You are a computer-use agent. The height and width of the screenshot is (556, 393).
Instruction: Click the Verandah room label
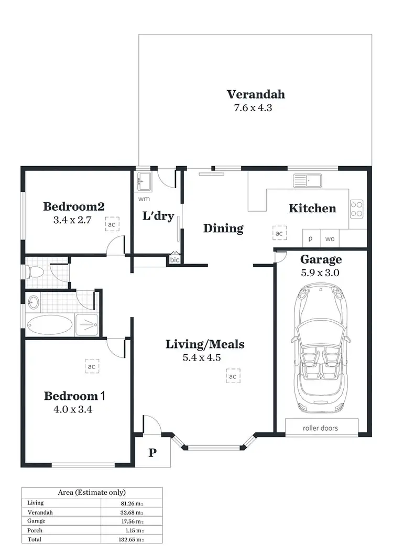tap(256, 94)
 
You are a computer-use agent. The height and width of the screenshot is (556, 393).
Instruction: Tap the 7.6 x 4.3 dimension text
tap(253, 108)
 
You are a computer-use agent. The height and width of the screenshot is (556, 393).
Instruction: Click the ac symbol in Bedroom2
tap(111, 224)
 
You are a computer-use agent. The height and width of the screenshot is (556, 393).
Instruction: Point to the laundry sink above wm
tap(143, 182)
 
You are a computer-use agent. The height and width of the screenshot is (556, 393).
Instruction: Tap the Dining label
tap(223, 228)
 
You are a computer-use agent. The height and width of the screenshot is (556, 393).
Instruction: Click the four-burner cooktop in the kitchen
tap(357, 209)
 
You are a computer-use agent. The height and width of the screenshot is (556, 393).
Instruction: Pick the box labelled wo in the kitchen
tap(330, 238)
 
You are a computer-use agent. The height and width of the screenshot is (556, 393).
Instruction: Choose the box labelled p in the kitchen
tap(310, 238)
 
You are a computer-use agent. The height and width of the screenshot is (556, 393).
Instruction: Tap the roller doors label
tap(320, 428)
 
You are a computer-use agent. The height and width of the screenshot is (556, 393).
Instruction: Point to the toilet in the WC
tap(36, 272)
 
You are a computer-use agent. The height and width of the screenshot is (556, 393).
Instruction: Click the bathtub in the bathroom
tap(49, 325)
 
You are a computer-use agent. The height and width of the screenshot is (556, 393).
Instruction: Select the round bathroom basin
tap(34, 302)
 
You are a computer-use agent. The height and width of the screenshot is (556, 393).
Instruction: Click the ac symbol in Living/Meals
tap(233, 376)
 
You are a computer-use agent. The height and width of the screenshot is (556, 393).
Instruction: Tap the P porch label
tap(152, 453)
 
